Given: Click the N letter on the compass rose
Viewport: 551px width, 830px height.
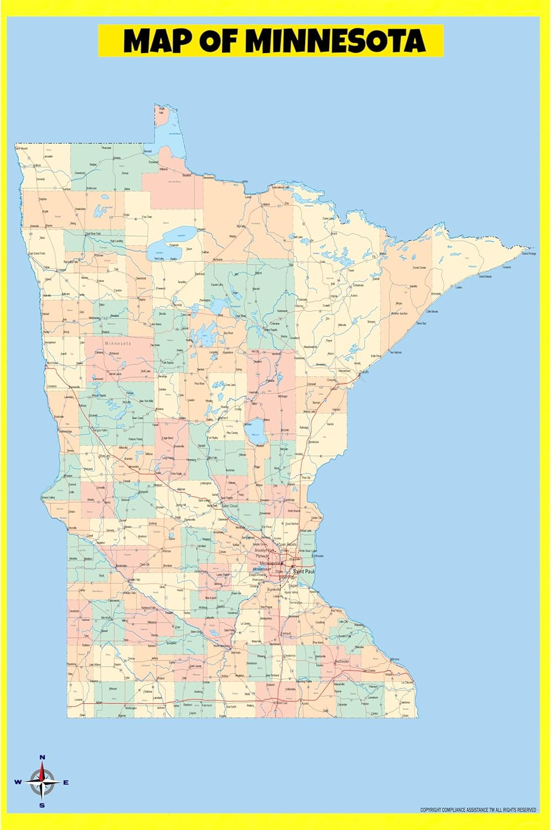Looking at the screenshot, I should pyautogui.click(x=43, y=757).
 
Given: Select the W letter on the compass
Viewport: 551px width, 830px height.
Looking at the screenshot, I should pyautogui.click(x=18, y=782).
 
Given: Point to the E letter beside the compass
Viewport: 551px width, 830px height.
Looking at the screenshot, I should pyautogui.click(x=66, y=782).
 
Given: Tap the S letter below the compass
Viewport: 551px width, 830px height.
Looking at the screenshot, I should pyautogui.click(x=42, y=805).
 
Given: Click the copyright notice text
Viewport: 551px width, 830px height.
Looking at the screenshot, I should pyautogui.click(x=478, y=810).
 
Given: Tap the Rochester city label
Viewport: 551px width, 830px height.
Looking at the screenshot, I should pyautogui.click(x=342, y=661).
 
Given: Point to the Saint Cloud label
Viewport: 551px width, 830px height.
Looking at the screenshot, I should pyautogui.click(x=229, y=506).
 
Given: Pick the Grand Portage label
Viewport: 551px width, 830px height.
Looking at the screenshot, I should pyautogui.click(x=528, y=253).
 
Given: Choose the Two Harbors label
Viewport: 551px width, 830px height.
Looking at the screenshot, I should pyautogui.click(x=395, y=352).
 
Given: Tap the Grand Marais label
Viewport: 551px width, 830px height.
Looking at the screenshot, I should pyautogui.click(x=485, y=276).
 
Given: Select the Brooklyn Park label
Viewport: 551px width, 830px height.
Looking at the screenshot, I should pyautogui.click(x=265, y=551).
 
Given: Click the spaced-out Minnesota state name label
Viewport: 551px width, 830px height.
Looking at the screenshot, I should pyautogui.click(x=118, y=344).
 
